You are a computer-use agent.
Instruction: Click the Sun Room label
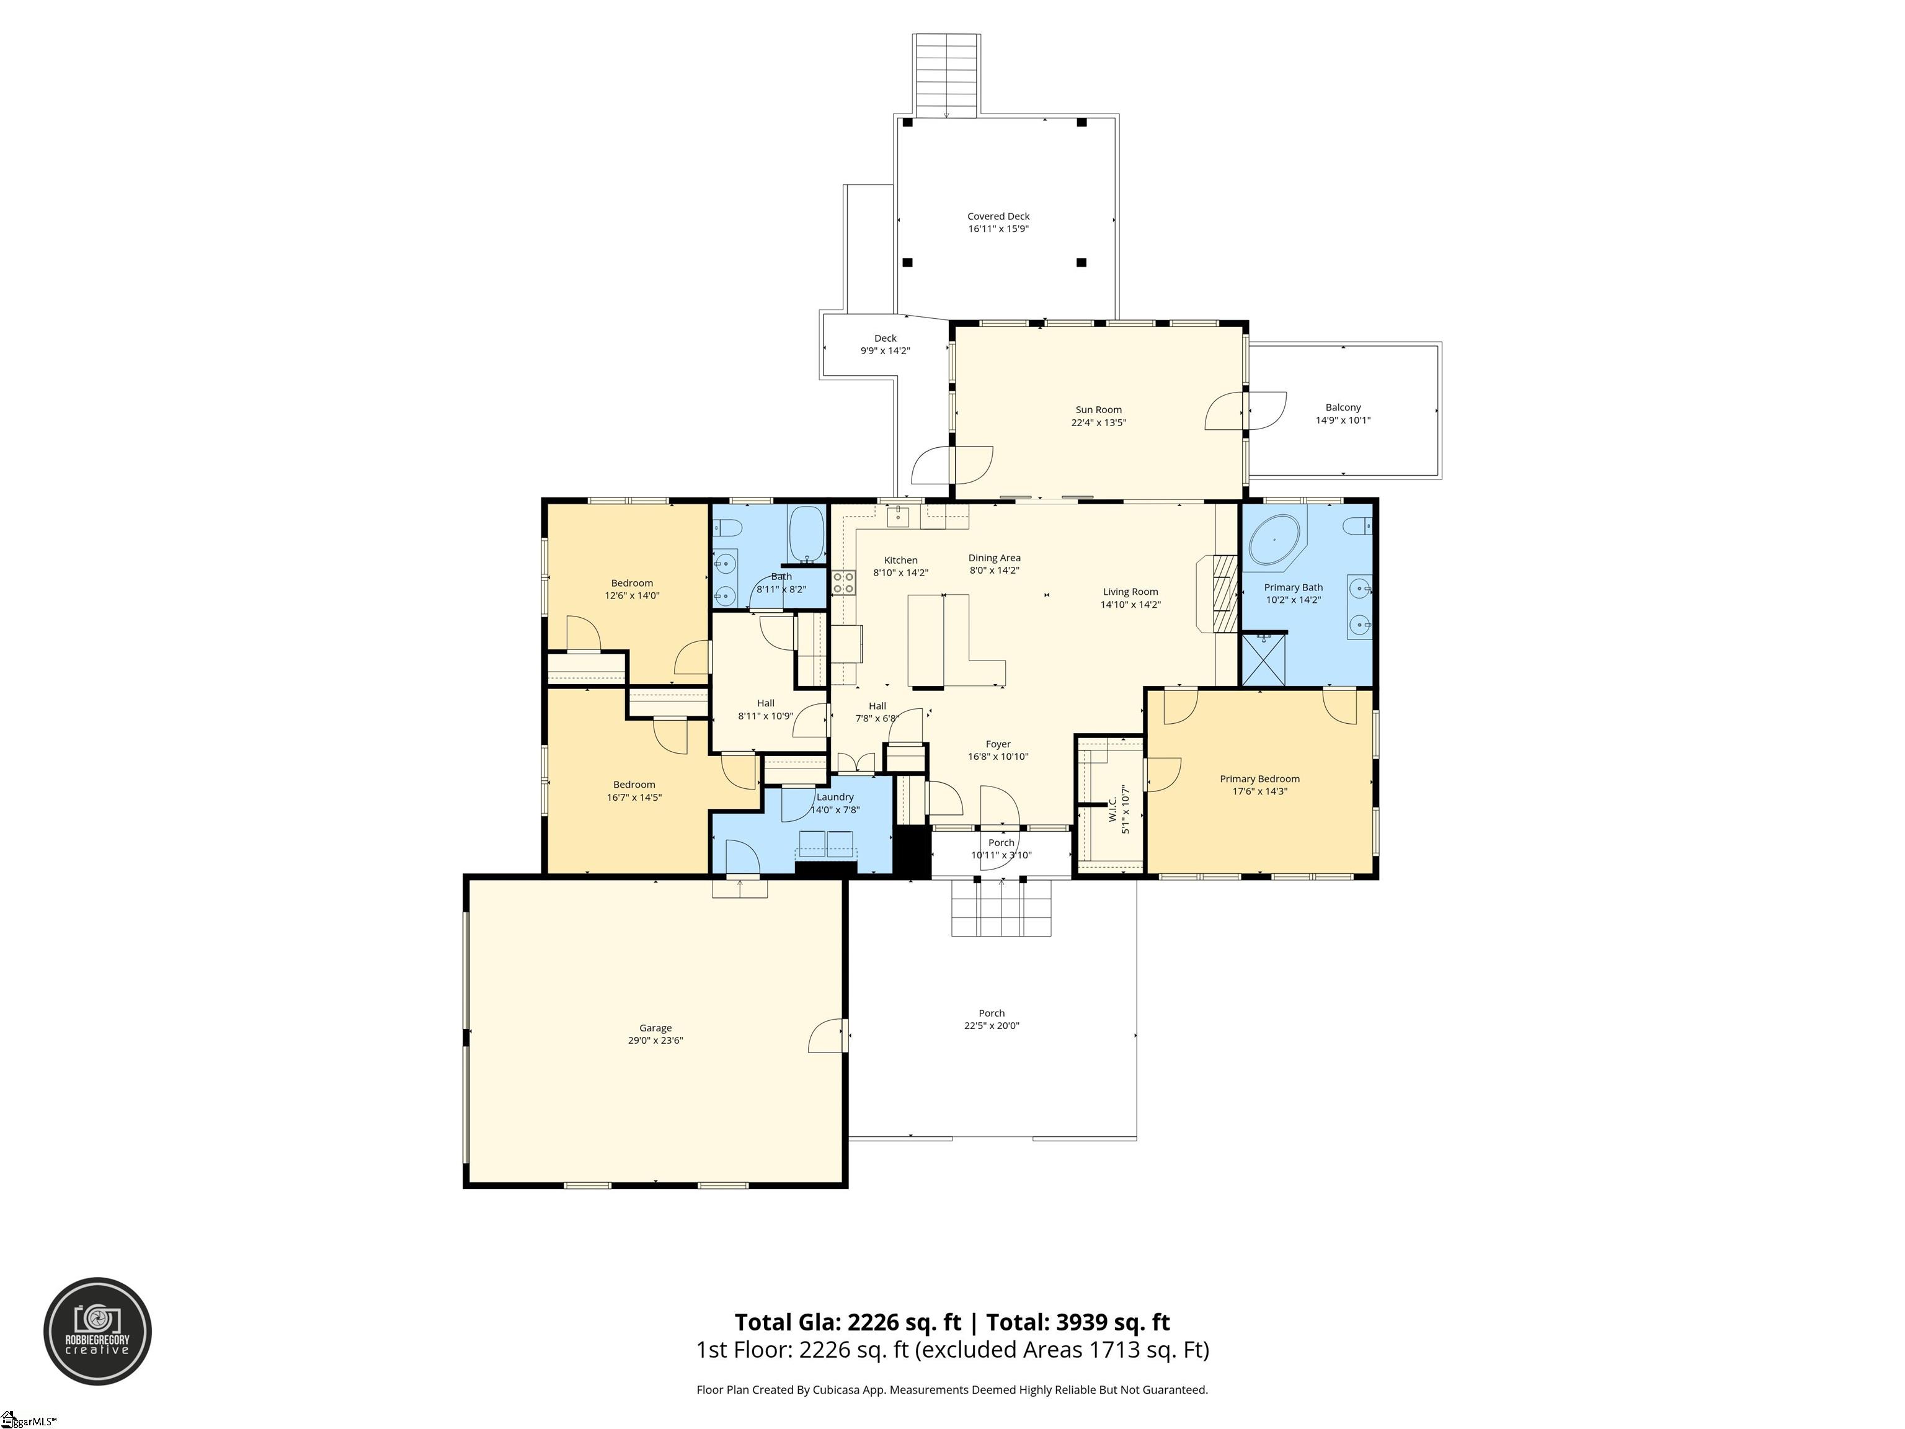1098,410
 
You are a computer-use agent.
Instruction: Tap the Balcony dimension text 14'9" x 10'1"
1343,421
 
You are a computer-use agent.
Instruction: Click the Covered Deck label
998,216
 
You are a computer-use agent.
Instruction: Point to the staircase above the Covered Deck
946,75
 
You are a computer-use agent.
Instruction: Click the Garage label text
655,1028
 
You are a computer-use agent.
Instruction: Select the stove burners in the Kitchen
843,582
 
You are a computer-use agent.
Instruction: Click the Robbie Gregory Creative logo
97,1331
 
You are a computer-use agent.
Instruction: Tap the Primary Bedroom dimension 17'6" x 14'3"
1259,791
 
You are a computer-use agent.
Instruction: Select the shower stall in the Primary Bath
1263,660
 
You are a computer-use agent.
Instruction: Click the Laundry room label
835,797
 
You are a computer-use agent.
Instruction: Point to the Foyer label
998,744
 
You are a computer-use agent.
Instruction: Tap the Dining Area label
994,558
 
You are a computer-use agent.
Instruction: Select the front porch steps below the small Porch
1001,909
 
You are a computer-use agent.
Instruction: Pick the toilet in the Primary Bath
1356,525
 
